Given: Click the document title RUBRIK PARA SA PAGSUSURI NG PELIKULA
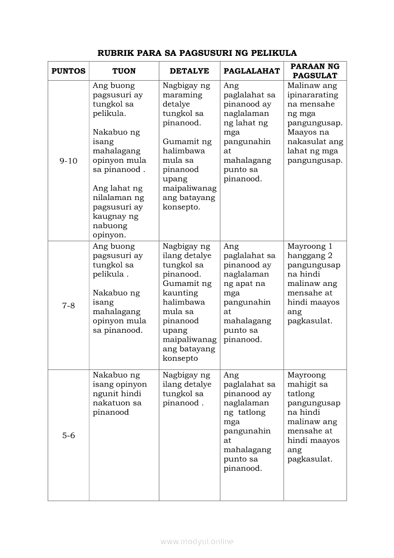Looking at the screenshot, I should pyautogui.click(x=197, y=53).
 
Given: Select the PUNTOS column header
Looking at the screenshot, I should pyautogui.click(x=68, y=71).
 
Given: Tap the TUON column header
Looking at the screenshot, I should pyautogui.click(x=124, y=71).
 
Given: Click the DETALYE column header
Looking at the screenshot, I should pyautogui.click(x=189, y=71).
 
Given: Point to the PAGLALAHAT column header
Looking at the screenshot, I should pyautogui.click(x=252, y=71).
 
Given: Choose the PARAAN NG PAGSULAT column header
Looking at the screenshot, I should pyautogui.click(x=315, y=71).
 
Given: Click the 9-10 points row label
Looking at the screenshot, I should pyautogui.click(x=68, y=160).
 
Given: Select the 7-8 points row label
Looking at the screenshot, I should pyautogui.click(x=68, y=305).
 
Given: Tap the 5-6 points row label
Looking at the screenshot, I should pyautogui.click(x=68, y=435).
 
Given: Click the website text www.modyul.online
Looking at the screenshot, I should pyautogui.click(x=197, y=541).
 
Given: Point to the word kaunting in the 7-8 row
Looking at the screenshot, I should pyautogui.click(x=180, y=293).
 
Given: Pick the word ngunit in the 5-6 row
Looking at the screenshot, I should pyautogui.click(x=105, y=394).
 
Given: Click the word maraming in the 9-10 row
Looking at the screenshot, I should pyautogui.click(x=182, y=95).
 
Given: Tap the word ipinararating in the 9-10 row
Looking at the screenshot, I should pyautogui.click(x=312, y=95).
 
